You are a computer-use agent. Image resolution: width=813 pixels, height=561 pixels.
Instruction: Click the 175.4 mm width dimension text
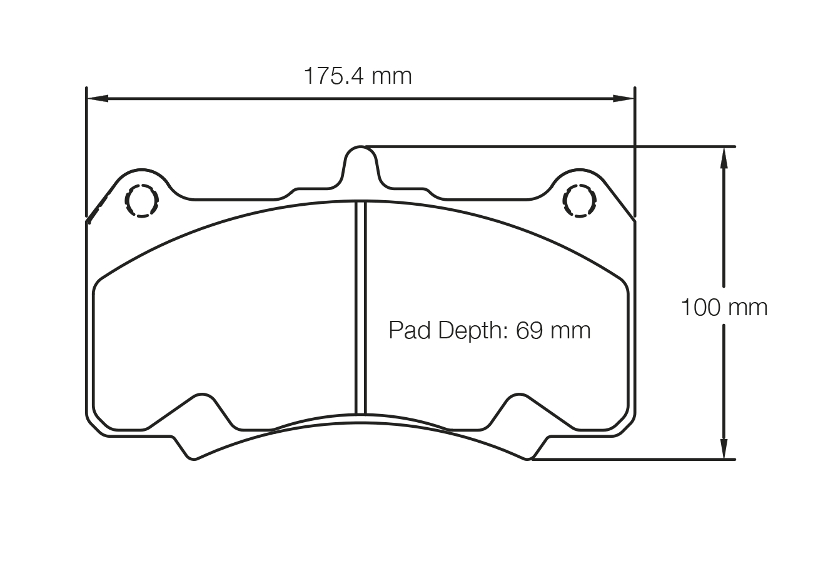pyautogui.click(x=358, y=76)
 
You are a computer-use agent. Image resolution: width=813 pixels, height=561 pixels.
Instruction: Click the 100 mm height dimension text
pyautogui.click(x=724, y=307)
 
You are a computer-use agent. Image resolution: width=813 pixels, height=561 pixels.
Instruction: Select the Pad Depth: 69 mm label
pyautogui.click(x=489, y=330)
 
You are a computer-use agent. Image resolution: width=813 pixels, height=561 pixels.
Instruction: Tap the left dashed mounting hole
pyautogui.click(x=142, y=200)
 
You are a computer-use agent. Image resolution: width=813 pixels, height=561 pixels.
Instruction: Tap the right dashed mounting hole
pyautogui.click(x=580, y=200)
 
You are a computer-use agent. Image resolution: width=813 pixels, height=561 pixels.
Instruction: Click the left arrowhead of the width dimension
pyautogui.click(x=97, y=98)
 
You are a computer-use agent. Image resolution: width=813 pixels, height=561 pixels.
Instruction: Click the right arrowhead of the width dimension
pyautogui.click(x=624, y=98)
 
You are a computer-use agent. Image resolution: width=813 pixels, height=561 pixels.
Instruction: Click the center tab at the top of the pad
pyautogui.click(x=360, y=164)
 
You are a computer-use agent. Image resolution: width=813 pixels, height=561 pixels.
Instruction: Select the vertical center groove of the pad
pyautogui.click(x=360, y=306)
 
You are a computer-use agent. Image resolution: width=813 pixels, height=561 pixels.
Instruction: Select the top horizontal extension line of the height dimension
pyautogui.click(x=550, y=146)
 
